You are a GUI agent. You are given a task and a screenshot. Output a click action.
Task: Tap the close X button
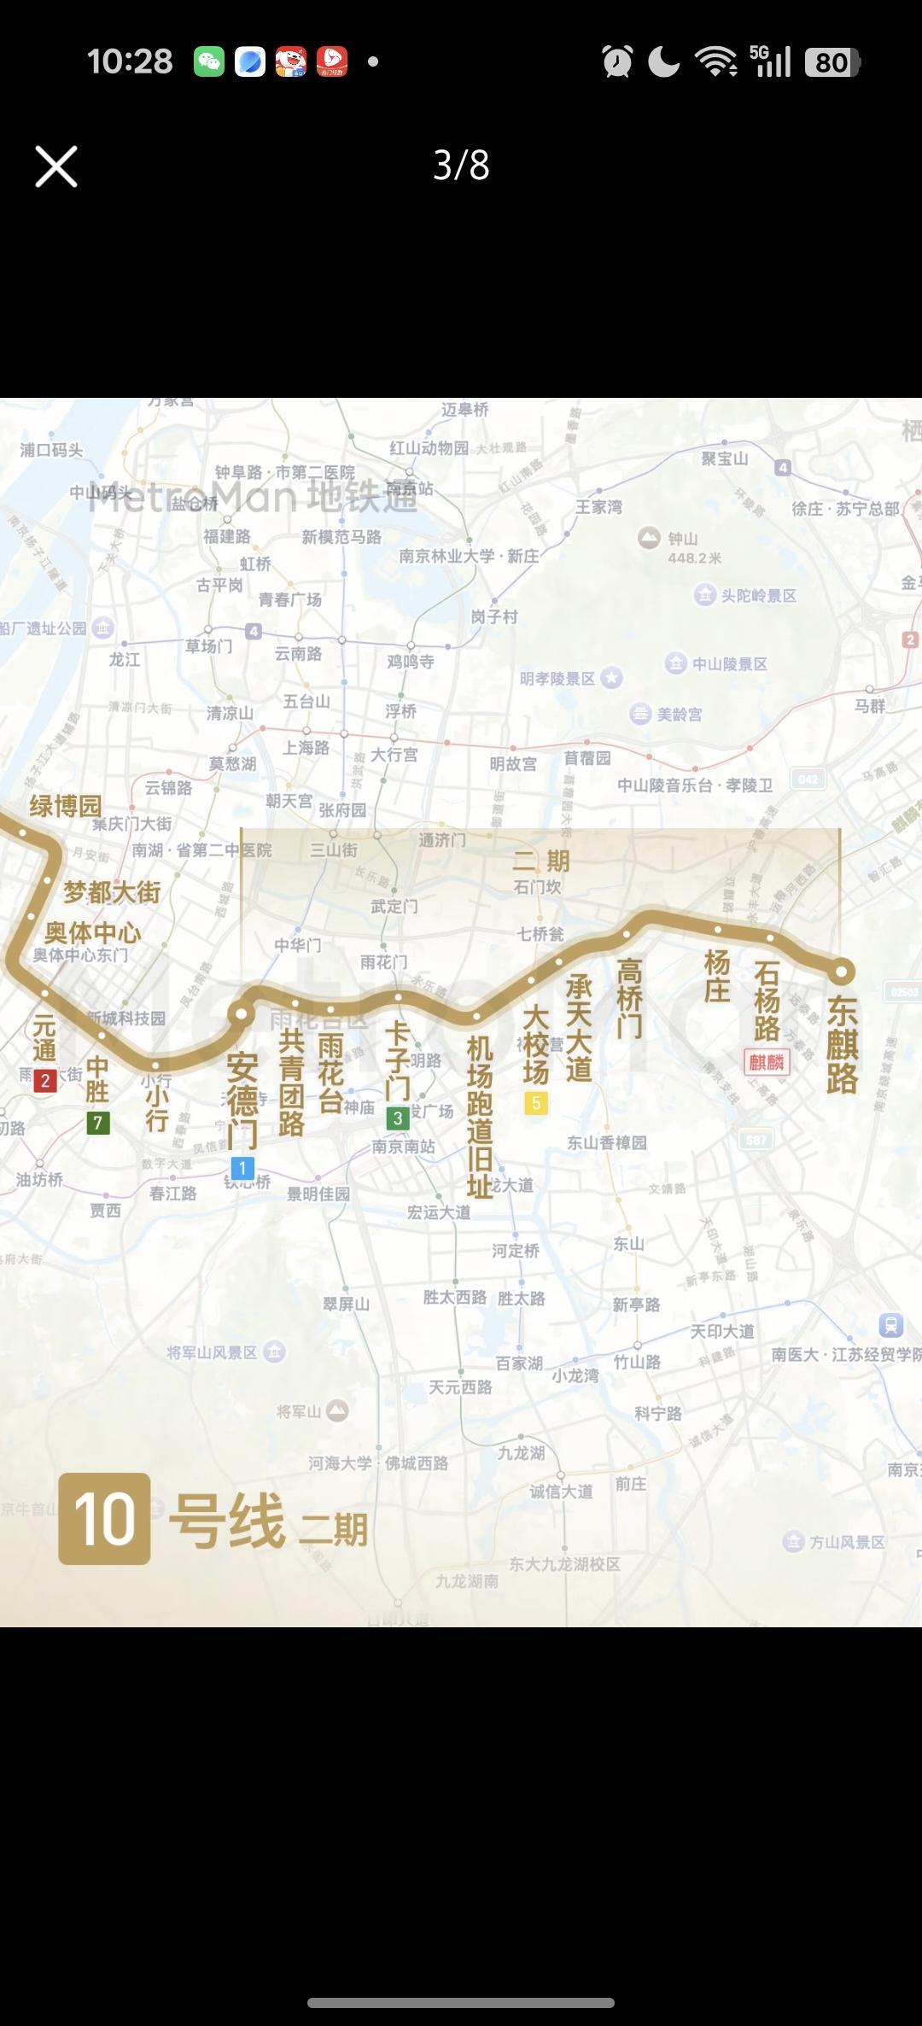point(56,166)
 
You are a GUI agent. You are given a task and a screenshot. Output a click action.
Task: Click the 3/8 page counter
point(461,166)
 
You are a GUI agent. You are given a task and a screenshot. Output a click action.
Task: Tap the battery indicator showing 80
point(832,62)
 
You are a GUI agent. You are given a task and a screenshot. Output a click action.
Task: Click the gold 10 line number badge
point(104,1518)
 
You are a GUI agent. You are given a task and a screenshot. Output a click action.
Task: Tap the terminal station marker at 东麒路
point(841,972)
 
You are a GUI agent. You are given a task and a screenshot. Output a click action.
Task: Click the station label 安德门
point(242,1101)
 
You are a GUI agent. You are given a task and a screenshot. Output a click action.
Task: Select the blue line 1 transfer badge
point(242,1168)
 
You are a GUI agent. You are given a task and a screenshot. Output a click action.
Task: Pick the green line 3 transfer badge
point(397,1118)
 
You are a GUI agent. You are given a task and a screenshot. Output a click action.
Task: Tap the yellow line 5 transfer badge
point(536,1103)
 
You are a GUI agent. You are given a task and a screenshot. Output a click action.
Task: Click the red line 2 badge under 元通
point(45,1081)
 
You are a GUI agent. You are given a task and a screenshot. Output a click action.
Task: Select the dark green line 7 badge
point(98,1123)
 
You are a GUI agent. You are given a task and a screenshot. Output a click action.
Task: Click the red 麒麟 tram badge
point(767,1062)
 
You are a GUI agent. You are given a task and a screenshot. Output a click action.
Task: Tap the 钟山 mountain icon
point(650,538)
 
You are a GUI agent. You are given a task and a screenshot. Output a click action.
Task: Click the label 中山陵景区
point(729,664)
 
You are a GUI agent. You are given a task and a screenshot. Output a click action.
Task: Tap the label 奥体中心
point(93,932)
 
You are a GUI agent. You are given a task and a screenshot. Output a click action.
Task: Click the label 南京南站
point(403,1147)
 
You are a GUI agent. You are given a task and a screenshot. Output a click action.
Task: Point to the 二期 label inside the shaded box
point(541,861)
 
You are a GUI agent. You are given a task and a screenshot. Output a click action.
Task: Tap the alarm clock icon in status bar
point(617,62)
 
